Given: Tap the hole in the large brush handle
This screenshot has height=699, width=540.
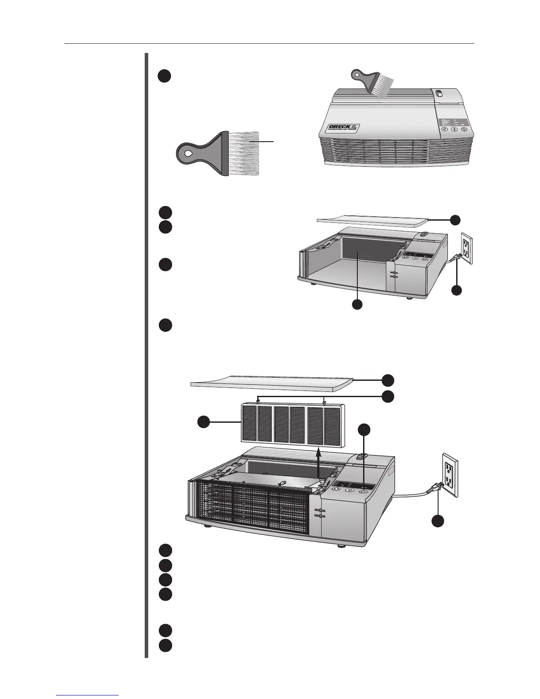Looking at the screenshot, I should (x=188, y=154).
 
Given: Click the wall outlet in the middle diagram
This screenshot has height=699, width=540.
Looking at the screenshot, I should (x=466, y=249).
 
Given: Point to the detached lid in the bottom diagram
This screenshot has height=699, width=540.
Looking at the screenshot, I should (x=272, y=381).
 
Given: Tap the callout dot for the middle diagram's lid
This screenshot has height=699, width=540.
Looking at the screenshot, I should (x=456, y=219).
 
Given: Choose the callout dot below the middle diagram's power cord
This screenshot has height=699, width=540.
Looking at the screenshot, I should (x=456, y=290).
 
